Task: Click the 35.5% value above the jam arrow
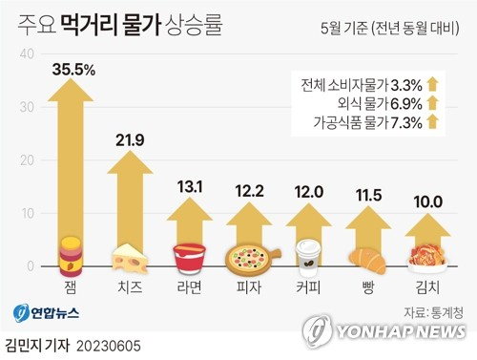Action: pyautogui.click(x=74, y=68)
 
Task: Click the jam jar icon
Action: pyautogui.click(x=72, y=255)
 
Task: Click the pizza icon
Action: pyautogui.click(x=248, y=259)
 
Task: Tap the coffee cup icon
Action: pyautogui.click(x=307, y=257)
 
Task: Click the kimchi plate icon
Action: pyautogui.click(x=425, y=258)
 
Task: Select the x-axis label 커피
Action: pyautogui.click(x=307, y=286)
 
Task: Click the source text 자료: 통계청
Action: pyautogui.click(x=434, y=310)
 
